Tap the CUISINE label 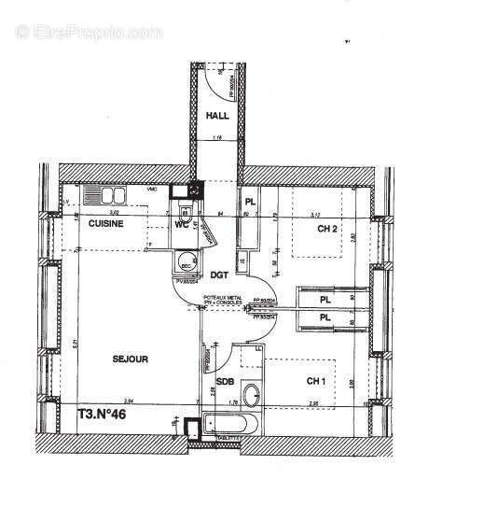107,225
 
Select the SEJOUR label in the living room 131,358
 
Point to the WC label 183,225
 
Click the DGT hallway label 219,275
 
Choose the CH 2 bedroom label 326,229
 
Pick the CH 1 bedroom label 316,380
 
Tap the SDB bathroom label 225,382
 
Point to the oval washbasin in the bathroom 251,393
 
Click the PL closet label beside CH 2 249,203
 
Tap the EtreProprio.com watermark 89,32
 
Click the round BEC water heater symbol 186,262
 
